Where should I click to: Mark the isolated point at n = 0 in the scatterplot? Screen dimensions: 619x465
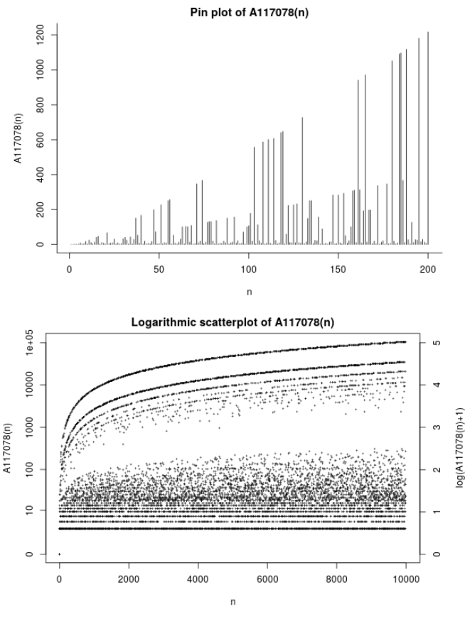coord(59,554)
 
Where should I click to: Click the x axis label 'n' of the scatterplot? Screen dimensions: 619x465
coord(232,601)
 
